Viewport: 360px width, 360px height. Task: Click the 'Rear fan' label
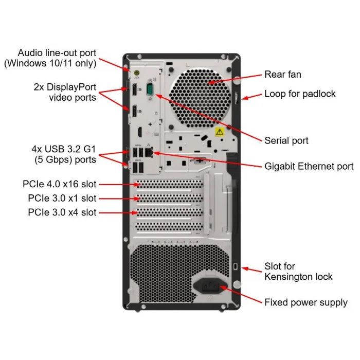(282, 75)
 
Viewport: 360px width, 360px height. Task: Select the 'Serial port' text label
(286, 140)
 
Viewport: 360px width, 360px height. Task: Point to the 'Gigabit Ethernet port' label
(309, 166)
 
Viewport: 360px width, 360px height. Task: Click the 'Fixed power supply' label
(305, 302)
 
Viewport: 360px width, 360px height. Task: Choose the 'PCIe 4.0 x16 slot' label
(60, 184)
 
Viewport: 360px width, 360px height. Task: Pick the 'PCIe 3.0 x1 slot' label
(62, 198)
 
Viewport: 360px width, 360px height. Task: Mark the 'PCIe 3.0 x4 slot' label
(62, 212)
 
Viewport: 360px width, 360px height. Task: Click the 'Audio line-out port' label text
(57, 53)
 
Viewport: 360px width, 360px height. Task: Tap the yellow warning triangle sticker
(219, 132)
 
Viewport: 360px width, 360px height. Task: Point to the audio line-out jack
(136, 74)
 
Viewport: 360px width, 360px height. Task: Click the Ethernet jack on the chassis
(149, 153)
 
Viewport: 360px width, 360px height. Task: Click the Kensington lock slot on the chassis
(236, 267)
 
